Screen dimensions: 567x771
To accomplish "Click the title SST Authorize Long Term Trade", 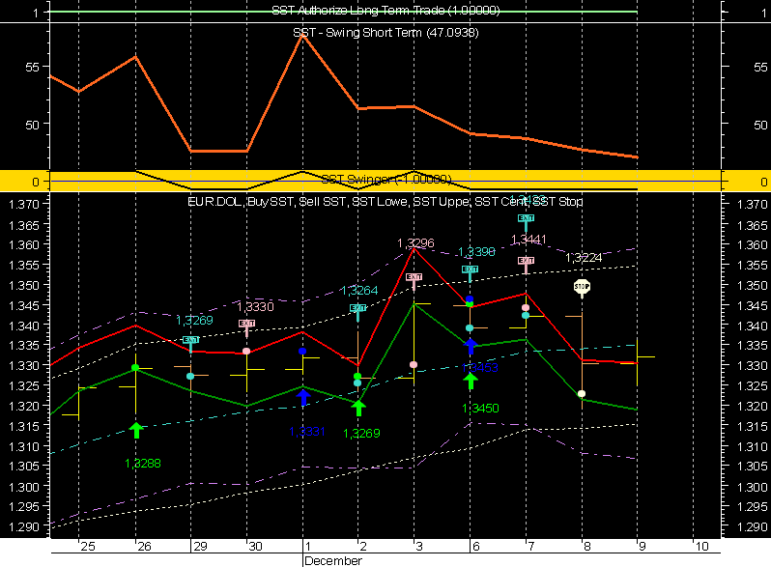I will (385, 10).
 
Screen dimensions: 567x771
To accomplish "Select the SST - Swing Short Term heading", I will (385, 33).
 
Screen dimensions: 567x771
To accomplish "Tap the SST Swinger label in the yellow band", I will (385, 180).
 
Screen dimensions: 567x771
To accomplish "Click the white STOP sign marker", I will (582, 287).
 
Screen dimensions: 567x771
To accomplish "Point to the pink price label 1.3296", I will (414, 243).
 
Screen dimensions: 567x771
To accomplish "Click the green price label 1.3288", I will (142, 464).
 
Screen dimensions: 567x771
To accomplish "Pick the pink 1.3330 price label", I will (254, 306).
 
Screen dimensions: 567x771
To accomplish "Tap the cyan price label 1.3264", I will (358, 291).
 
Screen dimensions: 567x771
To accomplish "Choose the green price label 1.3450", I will (479, 409).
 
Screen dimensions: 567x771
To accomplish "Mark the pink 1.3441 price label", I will (528, 240).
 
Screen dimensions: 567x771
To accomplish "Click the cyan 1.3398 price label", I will (475, 252).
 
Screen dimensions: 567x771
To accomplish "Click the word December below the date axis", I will (333, 560).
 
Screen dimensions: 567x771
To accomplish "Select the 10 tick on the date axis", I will (701, 547).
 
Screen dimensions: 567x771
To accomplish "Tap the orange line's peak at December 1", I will (303, 35).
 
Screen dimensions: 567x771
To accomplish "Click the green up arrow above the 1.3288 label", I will (136, 430).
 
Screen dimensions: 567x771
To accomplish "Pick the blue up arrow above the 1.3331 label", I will (303, 397).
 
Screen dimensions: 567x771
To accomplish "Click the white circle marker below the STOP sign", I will (582, 394).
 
